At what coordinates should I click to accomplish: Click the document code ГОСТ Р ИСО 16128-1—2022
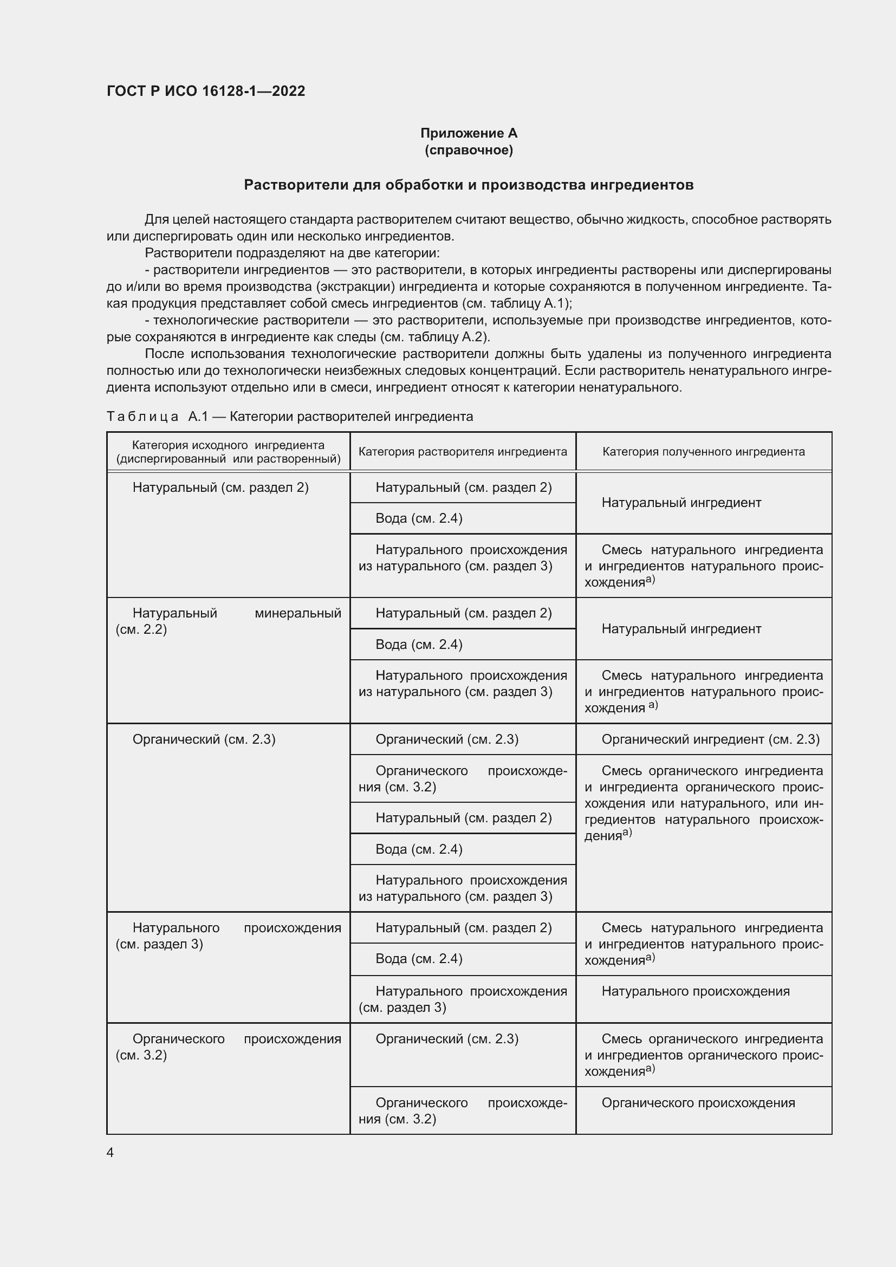click(206, 91)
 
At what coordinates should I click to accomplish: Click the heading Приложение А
click(469, 133)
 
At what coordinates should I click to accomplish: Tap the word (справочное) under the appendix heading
click(469, 150)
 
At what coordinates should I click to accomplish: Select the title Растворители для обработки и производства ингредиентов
click(469, 185)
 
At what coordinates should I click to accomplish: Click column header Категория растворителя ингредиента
click(462, 452)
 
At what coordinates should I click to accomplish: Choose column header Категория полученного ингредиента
click(703, 452)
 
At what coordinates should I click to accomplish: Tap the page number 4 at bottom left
click(111, 1153)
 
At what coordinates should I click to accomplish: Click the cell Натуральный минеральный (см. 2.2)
click(228, 621)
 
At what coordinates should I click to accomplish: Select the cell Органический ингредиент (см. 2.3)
click(710, 739)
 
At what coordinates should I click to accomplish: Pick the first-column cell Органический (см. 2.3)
click(204, 739)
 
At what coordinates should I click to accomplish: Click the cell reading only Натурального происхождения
click(695, 992)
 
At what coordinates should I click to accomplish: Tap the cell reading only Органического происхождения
click(698, 1103)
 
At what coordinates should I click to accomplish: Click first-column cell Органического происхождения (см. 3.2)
click(228, 1047)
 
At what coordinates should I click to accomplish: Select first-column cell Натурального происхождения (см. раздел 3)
click(228, 936)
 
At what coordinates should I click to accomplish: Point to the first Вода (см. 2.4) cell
click(419, 518)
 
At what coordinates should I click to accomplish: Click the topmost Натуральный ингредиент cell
click(681, 503)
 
